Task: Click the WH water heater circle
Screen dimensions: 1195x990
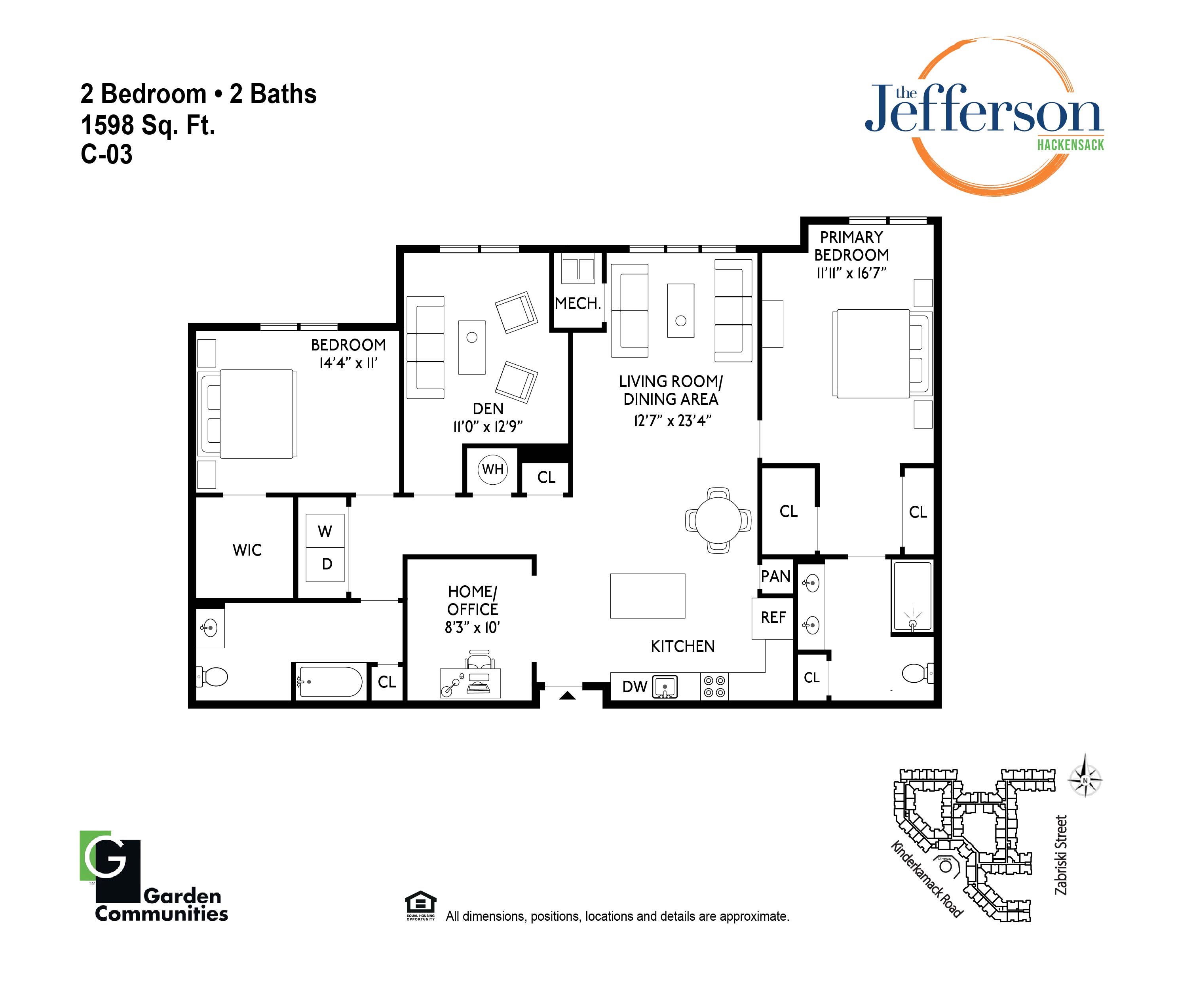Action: point(493,470)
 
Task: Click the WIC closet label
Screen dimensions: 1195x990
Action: point(247,550)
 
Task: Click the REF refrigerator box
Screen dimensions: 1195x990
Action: point(773,618)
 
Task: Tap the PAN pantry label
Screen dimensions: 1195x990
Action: point(775,576)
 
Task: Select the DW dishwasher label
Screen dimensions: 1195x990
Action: point(635,687)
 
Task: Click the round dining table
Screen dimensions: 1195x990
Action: point(718,520)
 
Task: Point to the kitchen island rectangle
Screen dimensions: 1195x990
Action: point(648,596)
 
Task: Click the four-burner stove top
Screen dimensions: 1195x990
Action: point(714,686)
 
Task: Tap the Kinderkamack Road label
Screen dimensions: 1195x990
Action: point(926,879)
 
